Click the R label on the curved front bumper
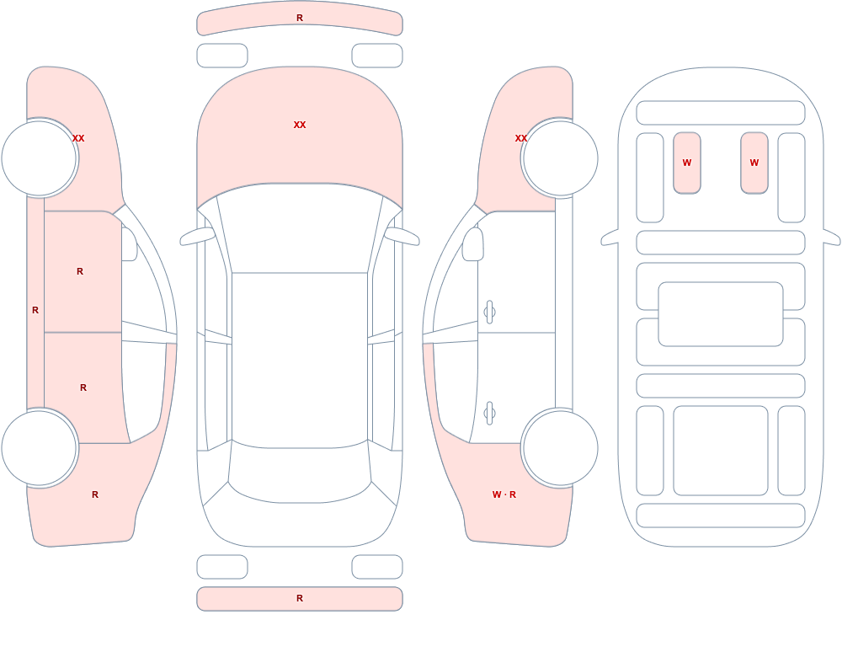pyautogui.click(x=300, y=18)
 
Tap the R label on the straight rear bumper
pyautogui.click(x=300, y=598)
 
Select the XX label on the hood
pyautogui.click(x=300, y=125)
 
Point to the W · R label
pyautogui.click(x=504, y=494)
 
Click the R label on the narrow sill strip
pyautogui.click(x=35, y=310)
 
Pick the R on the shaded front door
pyautogui.click(x=80, y=271)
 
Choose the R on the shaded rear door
pyautogui.click(x=83, y=387)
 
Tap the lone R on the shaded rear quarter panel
pyautogui.click(x=95, y=494)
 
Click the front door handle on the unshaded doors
pyautogui.click(x=489, y=313)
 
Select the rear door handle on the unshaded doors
pyautogui.click(x=489, y=414)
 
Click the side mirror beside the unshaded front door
pyautogui.click(x=473, y=244)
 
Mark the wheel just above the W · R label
pyautogui.click(x=561, y=447)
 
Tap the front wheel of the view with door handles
pyautogui.click(x=561, y=158)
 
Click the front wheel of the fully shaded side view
pyautogui.click(x=40, y=158)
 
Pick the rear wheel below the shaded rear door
pyautogui.click(x=40, y=447)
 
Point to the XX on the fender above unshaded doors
pyautogui.click(x=521, y=138)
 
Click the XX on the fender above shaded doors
pyautogui.click(x=78, y=138)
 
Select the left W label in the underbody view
pyautogui.click(x=687, y=163)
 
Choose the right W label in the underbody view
pyautogui.click(x=754, y=163)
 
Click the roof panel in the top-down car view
pyautogui.click(x=300, y=359)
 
